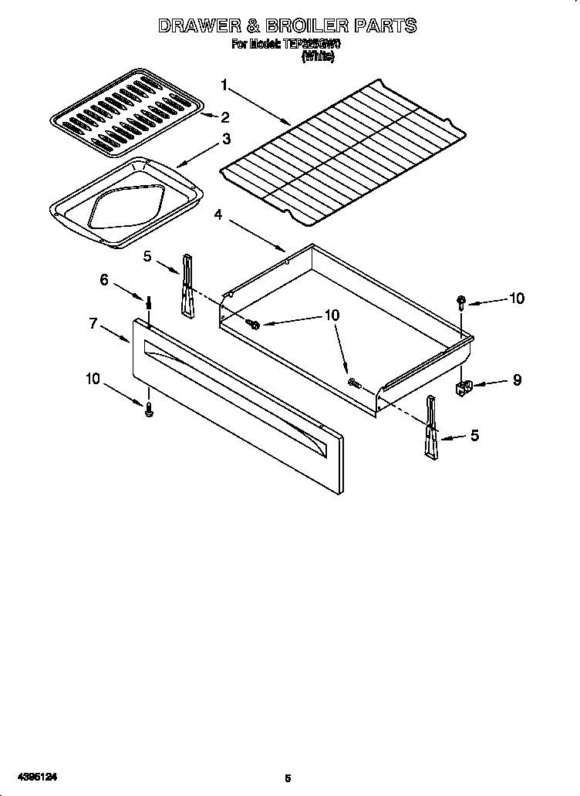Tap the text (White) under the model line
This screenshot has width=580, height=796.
click(318, 56)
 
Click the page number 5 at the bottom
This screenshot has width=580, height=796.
click(287, 778)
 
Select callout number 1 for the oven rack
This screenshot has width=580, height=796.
click(224, 84)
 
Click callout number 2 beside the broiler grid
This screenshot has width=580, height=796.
click(224, 117)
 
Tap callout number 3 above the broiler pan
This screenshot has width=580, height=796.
click(225, 140)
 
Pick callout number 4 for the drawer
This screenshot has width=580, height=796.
click(219, 215)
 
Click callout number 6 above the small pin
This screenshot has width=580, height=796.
click(105, 280)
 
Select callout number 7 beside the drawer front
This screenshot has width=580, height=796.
click(93, 323)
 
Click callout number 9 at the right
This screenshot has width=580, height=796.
click(516, 379)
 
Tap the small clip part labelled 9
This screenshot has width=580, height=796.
click(465, 386)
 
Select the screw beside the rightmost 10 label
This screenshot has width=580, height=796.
click(460, 302)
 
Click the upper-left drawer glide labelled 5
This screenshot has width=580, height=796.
click(187, 285)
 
